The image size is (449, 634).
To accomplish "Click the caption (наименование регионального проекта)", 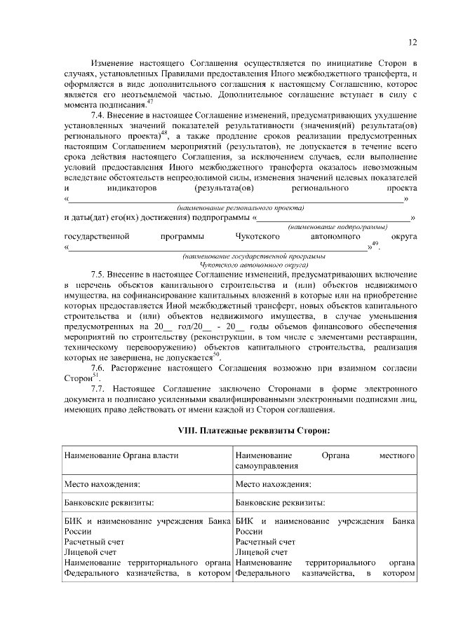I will (241, 208).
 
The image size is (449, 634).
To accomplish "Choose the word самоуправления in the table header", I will (267, 465).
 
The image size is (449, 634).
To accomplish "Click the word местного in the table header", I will (398, 455).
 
